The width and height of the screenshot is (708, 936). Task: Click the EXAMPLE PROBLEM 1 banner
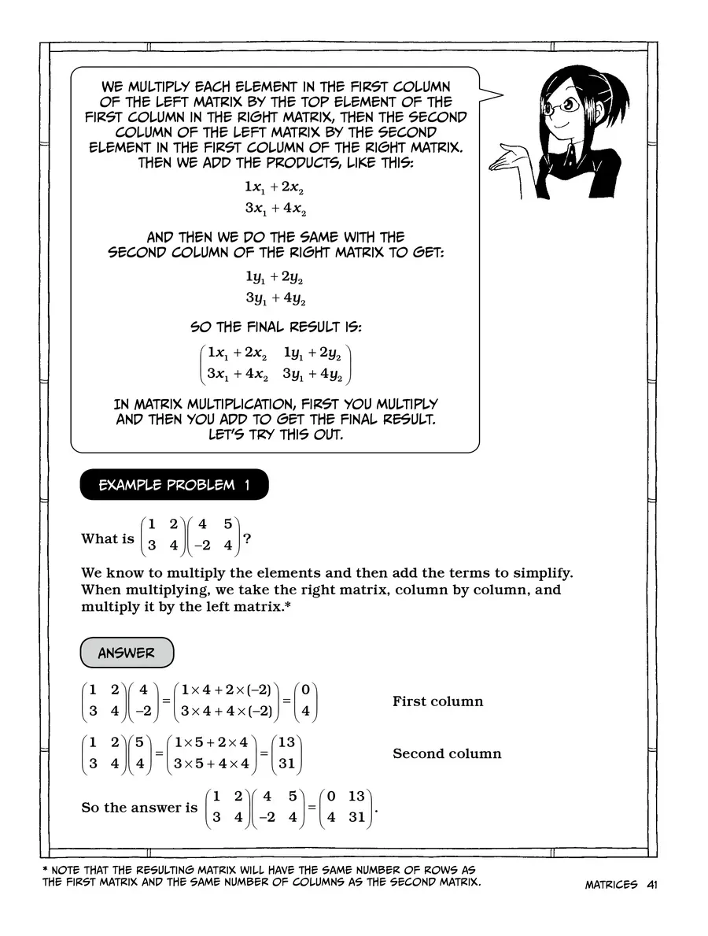pyautogui.click(x=174, y=485)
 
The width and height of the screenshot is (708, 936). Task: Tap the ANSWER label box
pyautogui.click(x=127, y=653)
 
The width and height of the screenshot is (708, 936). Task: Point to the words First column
pyautogui.click(x=437, y=701)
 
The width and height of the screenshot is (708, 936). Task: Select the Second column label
pyautogui.click(x=446, y=753)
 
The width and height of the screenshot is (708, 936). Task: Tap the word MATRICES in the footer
pyautogui.click(x=610, y=884)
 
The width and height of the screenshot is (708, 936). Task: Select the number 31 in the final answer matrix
pyautogui.click(x=356, y=816)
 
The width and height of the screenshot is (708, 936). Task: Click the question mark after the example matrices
pyautogui.click(x=247, y=539)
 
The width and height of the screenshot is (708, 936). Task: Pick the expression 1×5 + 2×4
pyautogui.click(x=212, y=743)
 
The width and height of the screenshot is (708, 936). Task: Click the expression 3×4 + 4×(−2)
pyautogui.click(x=226, y=712)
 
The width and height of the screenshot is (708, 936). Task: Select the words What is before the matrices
pyautogui.click(x=108, y=539)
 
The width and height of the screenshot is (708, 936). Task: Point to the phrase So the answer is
pyautogui.click(x=139, y=807)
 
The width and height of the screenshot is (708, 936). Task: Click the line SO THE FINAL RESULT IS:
pyautogui.click(x=275, y=327)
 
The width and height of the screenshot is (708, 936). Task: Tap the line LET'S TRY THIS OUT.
pyautogui.click(x=275, y=434)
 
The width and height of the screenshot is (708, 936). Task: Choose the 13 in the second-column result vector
pyautogui.click(x=286, y=743)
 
